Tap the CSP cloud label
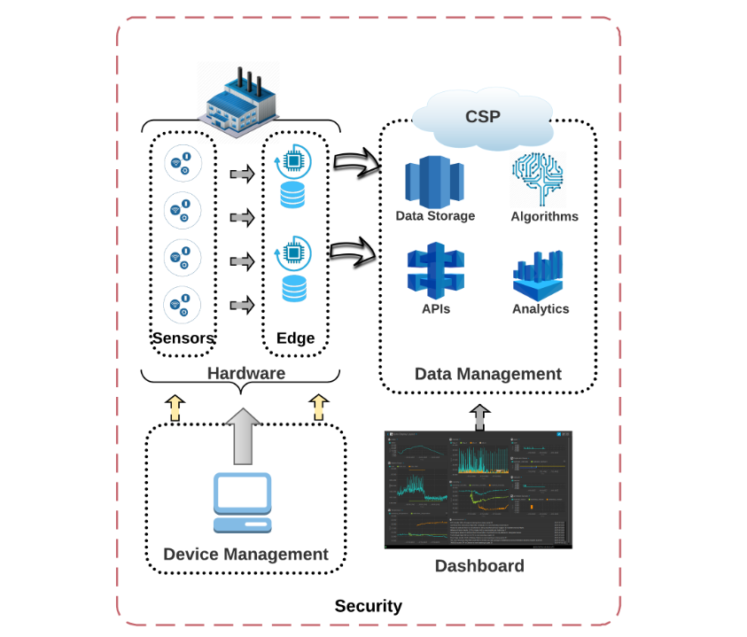click(482, 117)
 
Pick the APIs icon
click(434, 272)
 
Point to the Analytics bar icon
click(540, 275)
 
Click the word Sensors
click(183, 338)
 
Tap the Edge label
click(295, 338)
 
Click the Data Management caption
click(487, 374)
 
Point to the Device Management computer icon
click(243, 502)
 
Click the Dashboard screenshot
click(479, 489)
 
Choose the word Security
click(368, 606)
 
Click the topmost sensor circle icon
click(183, 165)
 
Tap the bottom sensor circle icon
click(183, 305)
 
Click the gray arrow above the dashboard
click(479, 416)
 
